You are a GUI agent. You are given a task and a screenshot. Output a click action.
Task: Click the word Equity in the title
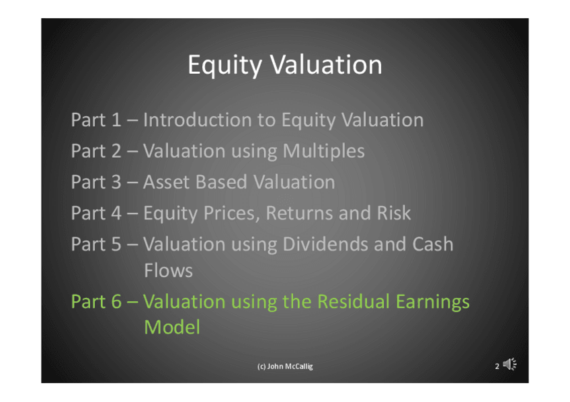click(x=225, y=65)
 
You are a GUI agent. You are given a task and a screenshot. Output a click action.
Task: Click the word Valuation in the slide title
click(x=326, y=64)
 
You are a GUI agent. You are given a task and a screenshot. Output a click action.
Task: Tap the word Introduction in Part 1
click(x=198, y=119)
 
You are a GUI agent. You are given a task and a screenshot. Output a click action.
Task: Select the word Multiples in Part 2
click(x=323, y=151)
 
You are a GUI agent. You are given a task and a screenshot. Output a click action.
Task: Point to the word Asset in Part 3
click(x=167, y=182)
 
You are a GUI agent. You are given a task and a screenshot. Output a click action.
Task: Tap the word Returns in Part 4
click(x=300, y=213)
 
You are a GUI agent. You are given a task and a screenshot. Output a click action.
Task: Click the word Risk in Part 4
click(x=394, y=213)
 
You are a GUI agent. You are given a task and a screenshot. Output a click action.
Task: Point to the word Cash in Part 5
click(x=433, y=244)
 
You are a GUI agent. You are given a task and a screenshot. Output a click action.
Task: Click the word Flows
click(x=168, y=270)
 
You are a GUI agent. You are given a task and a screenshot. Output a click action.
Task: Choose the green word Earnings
click(x=433, y=302)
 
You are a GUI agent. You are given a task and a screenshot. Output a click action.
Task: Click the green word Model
click(x=172, y=327)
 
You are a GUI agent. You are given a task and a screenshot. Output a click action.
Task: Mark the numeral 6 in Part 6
click(x=116, y=301)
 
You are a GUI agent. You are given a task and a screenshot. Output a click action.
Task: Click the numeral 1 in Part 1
click(x=116, y=119)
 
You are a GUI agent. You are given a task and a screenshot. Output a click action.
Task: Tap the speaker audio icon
click(x=510, y=364)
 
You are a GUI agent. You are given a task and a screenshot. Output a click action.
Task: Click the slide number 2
click(x=497, y=366)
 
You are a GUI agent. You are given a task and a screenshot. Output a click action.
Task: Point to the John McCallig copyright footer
click(x=285, y=366)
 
